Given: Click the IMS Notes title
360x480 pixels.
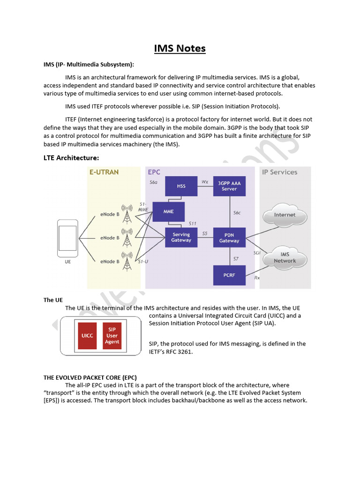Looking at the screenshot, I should point(180,48).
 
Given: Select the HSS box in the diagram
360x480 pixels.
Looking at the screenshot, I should point(181,186).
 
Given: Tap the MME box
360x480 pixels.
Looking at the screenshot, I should point(168,211).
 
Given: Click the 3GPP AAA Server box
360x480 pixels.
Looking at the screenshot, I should point(229,186).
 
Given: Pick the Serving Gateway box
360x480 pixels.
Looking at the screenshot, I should point(181,237).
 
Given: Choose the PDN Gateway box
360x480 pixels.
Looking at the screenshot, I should point(229,238).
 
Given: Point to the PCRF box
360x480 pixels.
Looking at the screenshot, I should point(229,275).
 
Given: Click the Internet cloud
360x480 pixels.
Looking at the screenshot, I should point(285,215).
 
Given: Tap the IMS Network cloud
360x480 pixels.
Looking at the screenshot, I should point(285,258).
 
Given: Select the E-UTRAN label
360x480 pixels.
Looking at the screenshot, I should point(104,172).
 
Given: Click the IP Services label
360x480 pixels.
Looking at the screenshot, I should point(279,172).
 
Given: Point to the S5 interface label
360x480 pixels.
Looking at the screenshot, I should point(205,233).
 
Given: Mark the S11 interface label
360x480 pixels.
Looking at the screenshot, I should point(193,224).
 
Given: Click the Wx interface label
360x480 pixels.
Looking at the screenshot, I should point(205,181).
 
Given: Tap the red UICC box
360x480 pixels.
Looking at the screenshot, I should point(87,336).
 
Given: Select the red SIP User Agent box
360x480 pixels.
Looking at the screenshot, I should point(112,336).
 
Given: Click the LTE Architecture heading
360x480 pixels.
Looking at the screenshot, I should point(71,158).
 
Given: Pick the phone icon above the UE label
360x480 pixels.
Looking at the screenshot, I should point(67,239).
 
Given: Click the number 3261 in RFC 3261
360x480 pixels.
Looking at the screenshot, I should point(184,352).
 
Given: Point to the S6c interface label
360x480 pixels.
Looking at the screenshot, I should point(237,212).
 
